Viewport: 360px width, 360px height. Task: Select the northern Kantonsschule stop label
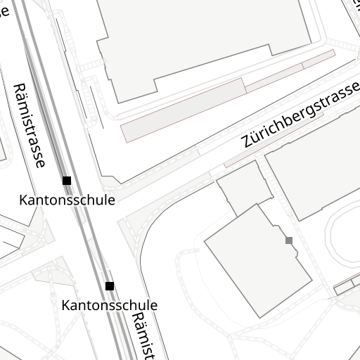[67, 200]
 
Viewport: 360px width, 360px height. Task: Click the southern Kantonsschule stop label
[110, 305]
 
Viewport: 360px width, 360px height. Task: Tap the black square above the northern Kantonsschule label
[67, 181]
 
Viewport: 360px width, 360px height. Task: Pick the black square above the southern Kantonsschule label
[110, 286]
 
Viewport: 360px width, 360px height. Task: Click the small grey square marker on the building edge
[289, 240]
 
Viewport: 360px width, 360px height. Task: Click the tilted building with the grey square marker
[257, 260]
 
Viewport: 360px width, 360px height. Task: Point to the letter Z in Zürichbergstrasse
[247, 141]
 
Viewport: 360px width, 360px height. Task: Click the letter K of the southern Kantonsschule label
[66, 305]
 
